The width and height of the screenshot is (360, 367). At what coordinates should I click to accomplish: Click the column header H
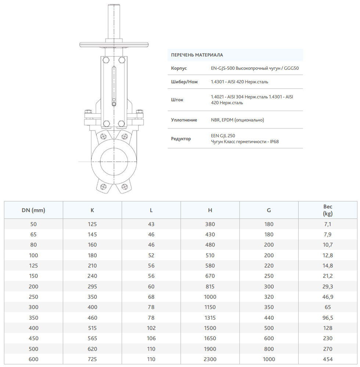(210, 210)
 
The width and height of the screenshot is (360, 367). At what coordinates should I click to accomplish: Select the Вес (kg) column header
(328, 210)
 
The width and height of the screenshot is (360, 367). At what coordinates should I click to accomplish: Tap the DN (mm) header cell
(33, 210)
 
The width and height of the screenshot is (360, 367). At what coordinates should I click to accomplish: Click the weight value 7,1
(328, 224)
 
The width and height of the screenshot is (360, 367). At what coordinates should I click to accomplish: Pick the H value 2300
(210, 359)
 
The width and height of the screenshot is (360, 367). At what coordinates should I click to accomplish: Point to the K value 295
(92, 287)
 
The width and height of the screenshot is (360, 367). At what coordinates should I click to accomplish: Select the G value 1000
(269, 359)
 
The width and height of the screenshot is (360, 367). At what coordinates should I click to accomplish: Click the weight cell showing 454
(328, 359)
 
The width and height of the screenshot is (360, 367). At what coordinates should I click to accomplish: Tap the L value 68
(151, 297)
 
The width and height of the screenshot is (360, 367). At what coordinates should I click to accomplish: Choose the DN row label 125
(33, 266)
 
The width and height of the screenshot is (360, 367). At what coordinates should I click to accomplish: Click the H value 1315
(210, 318)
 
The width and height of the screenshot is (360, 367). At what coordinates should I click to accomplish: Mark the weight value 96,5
(328, 318)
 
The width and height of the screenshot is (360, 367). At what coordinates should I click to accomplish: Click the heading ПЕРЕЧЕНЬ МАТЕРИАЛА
(197, 55)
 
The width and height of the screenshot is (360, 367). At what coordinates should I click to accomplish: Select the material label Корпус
(179, 68)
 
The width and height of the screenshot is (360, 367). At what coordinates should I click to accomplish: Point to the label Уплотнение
(184, 120)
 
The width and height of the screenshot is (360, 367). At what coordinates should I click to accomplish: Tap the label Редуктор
(181, 139)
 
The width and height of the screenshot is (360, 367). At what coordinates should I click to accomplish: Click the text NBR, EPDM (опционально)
(237, 120)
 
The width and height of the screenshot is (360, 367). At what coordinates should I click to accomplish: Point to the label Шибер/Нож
(184, 82)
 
